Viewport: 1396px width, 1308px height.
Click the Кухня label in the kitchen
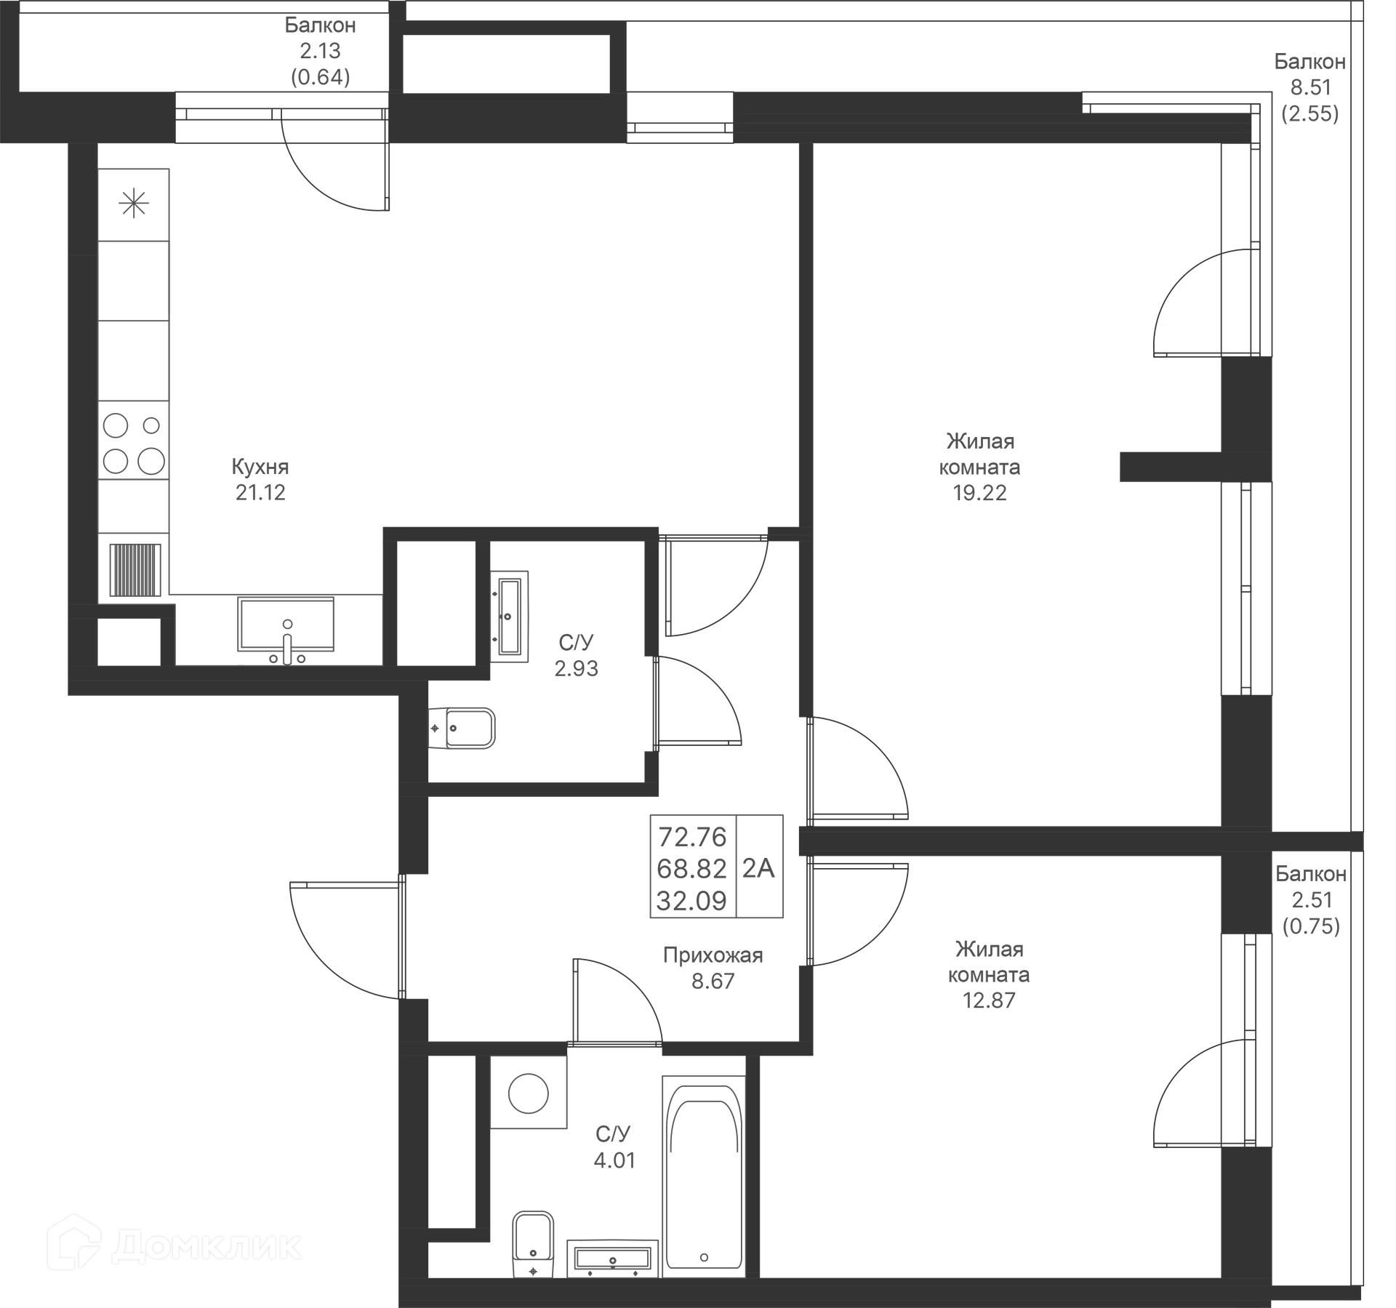[260, 466]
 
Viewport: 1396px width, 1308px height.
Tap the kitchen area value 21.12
[260, 493]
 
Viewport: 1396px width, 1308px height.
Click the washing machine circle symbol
[528, 1093]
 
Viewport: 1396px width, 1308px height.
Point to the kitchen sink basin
[286, 623]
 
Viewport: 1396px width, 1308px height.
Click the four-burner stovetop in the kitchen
[134, 442]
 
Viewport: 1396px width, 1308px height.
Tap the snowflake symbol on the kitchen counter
[134, 204]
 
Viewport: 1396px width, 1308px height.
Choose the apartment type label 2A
[758, 868]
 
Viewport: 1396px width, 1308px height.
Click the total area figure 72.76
[692, 837]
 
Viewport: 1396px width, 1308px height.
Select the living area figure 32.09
[691, 901]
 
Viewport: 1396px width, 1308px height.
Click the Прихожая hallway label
[713, 955]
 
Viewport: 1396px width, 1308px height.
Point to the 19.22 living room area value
[979, 493]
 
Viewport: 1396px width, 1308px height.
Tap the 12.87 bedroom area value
[988, 1000]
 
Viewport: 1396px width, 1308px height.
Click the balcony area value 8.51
[1310, 87]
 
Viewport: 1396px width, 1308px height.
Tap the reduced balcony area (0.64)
[321, 77]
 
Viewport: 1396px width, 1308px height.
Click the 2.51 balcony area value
[1312, 900]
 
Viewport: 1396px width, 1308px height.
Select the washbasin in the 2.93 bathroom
[509, 616]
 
